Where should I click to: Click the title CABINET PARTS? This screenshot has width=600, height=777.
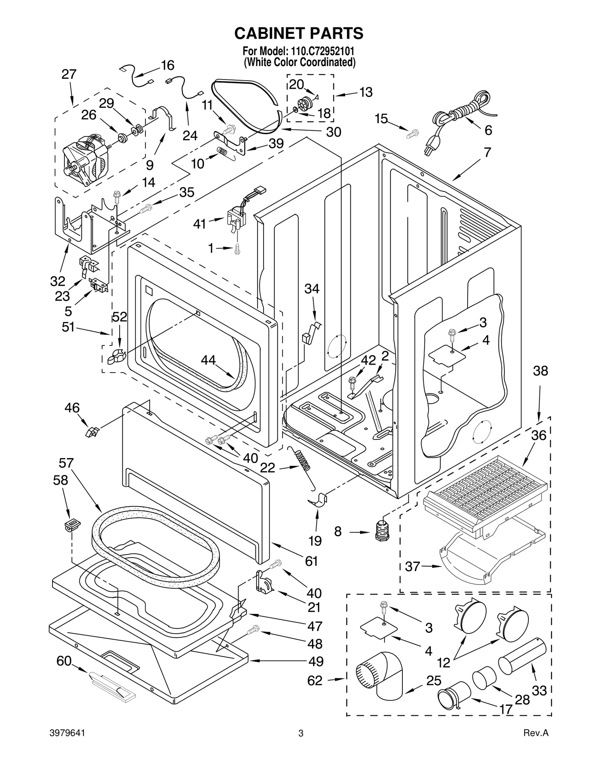tap(298, 33)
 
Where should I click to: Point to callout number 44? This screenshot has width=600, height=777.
tap(208, 360)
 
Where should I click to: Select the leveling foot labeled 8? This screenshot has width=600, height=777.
tap(382, 530)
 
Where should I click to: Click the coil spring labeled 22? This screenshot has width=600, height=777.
tap(303, 460)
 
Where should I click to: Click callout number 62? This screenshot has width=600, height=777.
tap(315, 681)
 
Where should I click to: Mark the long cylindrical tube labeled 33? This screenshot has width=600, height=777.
tap(521, 656)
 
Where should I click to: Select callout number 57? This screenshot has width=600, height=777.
tap(66, 463)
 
